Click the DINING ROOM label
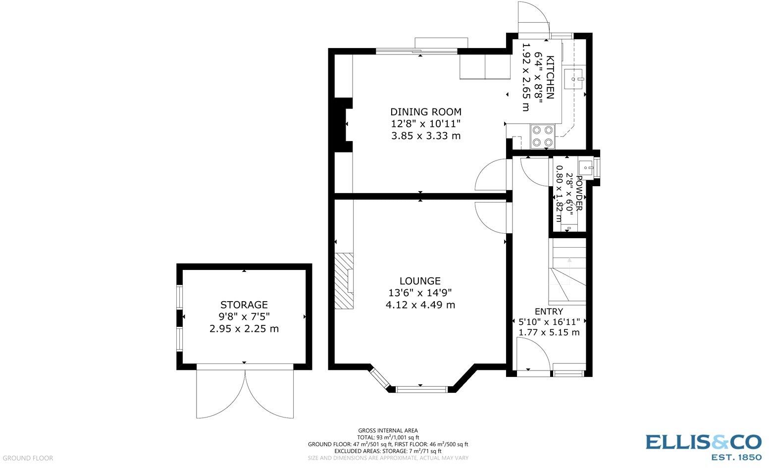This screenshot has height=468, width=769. (426, 112)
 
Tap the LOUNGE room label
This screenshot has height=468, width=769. (420, 281)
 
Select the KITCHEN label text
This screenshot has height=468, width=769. (550, 77)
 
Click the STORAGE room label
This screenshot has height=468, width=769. (244, 305)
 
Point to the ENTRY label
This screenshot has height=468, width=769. (549, 312)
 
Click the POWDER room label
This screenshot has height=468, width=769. (579, 193)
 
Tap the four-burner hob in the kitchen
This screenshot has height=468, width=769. (543, 136)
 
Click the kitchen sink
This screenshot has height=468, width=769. (574, 79)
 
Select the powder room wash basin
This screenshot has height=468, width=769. (586, 167)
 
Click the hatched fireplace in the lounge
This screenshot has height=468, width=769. (344, 281)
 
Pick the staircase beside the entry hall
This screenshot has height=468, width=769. (567, 271)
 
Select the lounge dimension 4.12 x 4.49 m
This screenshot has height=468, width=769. (420, 305)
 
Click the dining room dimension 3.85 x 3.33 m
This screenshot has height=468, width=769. (426, 136)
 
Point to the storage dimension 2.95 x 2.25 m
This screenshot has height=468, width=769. (244, 329)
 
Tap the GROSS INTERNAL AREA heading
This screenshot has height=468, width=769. (388, 430)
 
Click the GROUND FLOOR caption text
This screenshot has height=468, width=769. (28, 458)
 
